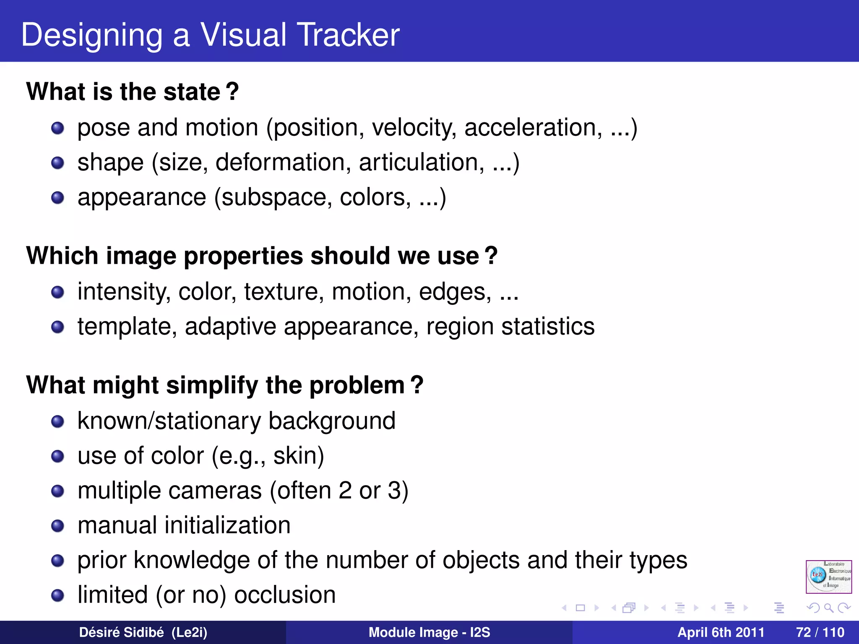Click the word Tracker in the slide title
[348, 35]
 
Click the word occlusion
[285, 595]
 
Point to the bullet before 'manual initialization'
[57, 526]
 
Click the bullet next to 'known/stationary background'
[57, 421]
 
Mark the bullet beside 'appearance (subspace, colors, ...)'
[57, 198]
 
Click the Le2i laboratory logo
[828, 576]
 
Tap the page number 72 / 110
[820, 632]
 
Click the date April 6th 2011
[721, 632]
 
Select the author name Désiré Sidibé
[121, 632]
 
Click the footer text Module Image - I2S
[429, 632]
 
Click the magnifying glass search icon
[828, 608]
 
